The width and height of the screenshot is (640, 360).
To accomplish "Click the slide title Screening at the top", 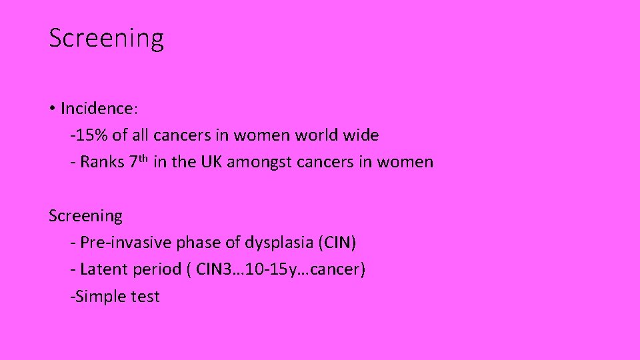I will pyautogui.click(x=106, y=38).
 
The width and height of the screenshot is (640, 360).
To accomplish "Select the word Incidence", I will pyautogui.click(x=96, y=108).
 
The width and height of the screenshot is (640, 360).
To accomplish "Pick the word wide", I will pyautogui.click(x=361, y=135).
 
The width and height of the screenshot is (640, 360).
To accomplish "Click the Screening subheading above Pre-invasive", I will pyautogui.click(x=86, y=216).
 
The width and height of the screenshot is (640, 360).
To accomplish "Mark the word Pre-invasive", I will pyautogui.click(x=125, y=243).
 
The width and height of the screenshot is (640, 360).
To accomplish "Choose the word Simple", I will pyautogui.click(x=100, y=297).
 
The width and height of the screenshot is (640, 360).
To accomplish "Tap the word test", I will pyautogui.click(x=145, y=297).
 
